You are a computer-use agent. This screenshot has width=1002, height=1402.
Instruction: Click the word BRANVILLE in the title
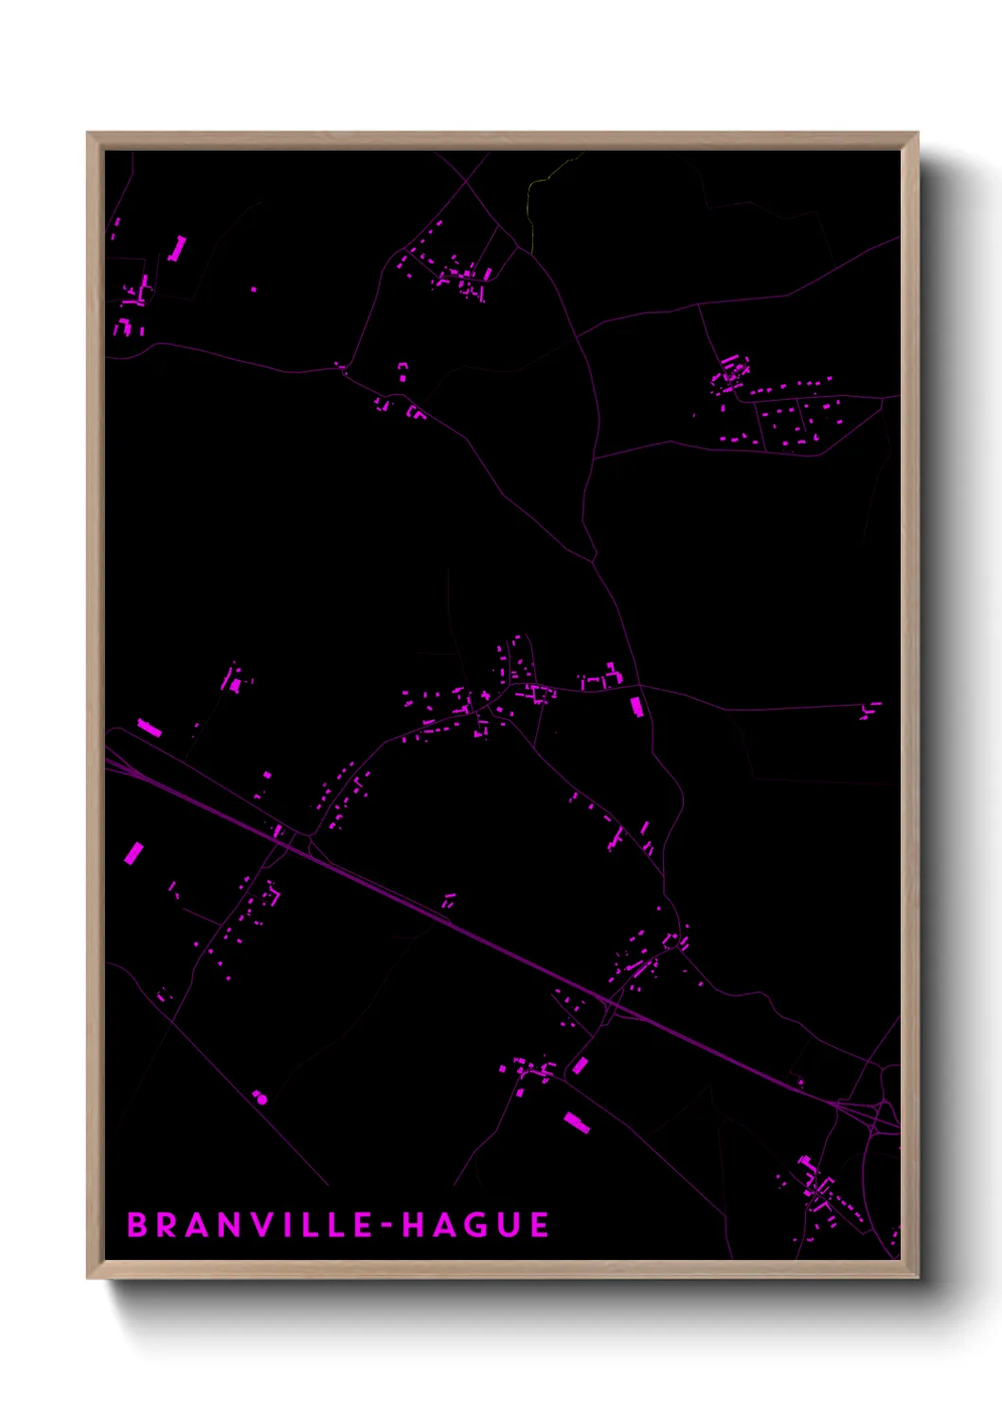pyautogui.click(x=250, y=1225)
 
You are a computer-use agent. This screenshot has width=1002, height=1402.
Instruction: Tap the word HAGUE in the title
pyautogui.click(x=475, y=1225)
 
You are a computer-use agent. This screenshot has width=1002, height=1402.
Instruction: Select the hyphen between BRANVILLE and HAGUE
pyautogui.click(x=387, y=1226)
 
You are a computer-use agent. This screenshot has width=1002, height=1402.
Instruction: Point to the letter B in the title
pyautogui.click(x=136, y=1225)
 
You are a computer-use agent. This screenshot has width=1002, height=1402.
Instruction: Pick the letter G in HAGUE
pyautogui.click(x=474, y=1225)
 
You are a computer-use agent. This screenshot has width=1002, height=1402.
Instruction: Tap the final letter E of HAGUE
pyautogui.click(x=539, y=1225)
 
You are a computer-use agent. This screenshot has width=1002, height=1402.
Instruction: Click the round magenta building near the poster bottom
pyautogui.click(x=261, y=1099)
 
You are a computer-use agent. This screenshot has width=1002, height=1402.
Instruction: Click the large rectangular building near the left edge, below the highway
pyautogui.click(x=134, y=854)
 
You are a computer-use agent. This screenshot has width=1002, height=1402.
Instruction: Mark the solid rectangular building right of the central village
pyautogui.click(x=636, y=707)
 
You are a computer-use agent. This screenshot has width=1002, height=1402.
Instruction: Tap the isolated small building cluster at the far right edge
pyautogui.click(x=870, y=710)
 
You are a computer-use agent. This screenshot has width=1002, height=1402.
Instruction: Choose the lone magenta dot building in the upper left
pyautogui.click(x=254, y=289)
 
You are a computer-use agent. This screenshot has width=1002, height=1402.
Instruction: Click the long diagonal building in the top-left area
pyautogui.click(x=177, y=249)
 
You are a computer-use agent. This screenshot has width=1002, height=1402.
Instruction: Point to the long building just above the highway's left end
pyautogui.click(x=149, y=728)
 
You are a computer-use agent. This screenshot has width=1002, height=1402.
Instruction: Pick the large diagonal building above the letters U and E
pyautogui.click(x=577, y=1123)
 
